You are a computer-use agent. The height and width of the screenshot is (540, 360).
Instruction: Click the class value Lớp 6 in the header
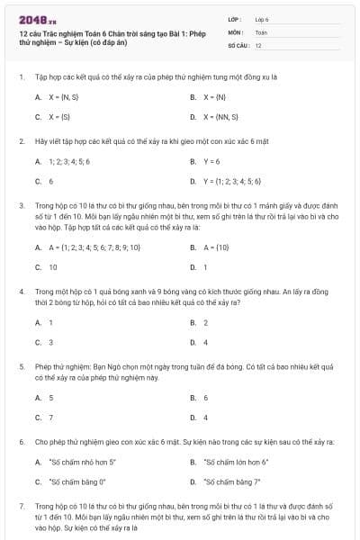click(x=262, y=18)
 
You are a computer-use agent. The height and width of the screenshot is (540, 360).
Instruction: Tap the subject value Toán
click(x=261, y=31)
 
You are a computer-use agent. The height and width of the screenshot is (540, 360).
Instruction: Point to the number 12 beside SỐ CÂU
click(x=258, y=44)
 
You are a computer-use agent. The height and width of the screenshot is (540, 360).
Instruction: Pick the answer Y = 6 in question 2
click(x=212, y=161)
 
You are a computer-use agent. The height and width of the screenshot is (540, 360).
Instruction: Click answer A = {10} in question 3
click(x=217, y=247)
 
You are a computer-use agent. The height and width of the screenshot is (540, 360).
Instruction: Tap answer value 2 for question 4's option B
click(x=206, y=322)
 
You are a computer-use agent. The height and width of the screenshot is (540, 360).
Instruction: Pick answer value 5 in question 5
click(x=50, y=397)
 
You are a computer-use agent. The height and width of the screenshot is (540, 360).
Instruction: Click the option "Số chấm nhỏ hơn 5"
click(x=83, y=462)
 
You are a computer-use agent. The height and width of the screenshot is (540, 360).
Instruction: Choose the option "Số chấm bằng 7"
click(x=233, y=481)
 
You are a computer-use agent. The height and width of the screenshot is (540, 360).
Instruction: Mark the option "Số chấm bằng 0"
click(x=78, y=481)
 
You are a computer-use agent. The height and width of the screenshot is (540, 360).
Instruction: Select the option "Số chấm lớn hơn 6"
click(x=237, y=462)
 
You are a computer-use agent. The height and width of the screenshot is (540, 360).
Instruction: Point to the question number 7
click(x=21, y=508)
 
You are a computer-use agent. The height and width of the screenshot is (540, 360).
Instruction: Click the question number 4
click(x=21, y=292)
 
